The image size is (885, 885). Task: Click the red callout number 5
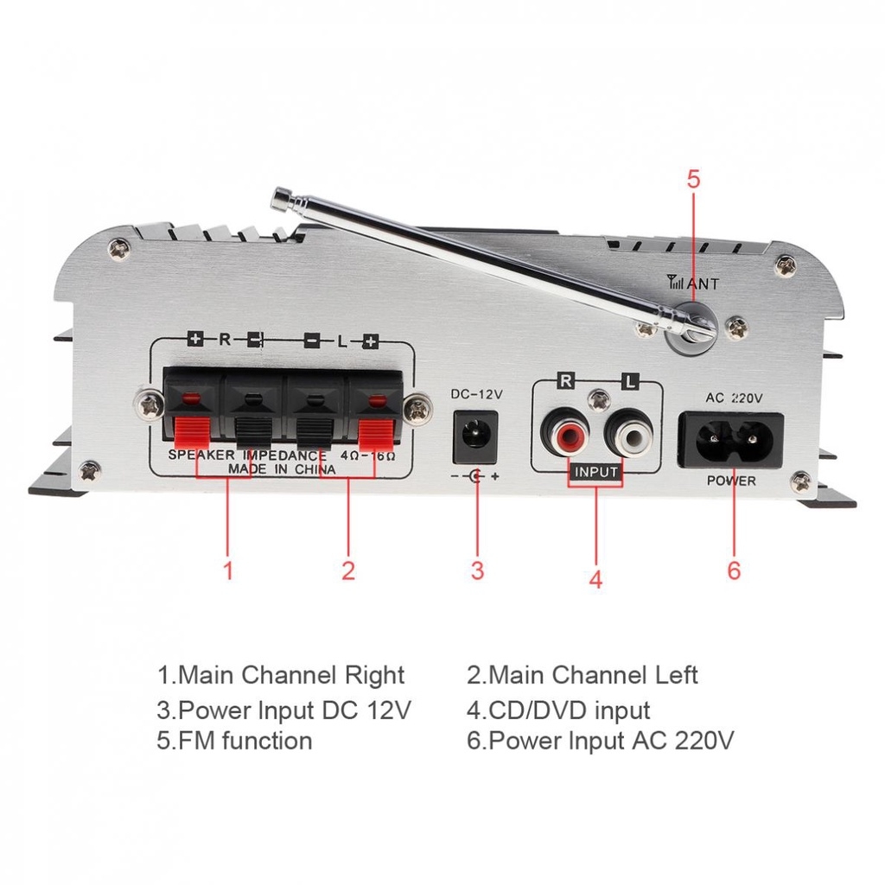(694, 180)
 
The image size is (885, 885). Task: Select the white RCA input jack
(629, 432)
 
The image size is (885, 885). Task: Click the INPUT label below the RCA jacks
(596, 472)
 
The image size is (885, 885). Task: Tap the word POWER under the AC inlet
(731, 481)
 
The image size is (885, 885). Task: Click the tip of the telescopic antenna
(279, 201)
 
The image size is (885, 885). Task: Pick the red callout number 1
(228, 570)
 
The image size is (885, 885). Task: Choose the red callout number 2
(348, 570)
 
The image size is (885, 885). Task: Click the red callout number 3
(477, 570)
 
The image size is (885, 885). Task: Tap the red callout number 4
(595, 579)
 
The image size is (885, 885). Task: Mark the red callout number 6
(734, 570)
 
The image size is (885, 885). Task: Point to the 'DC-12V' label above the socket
(476, 394)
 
